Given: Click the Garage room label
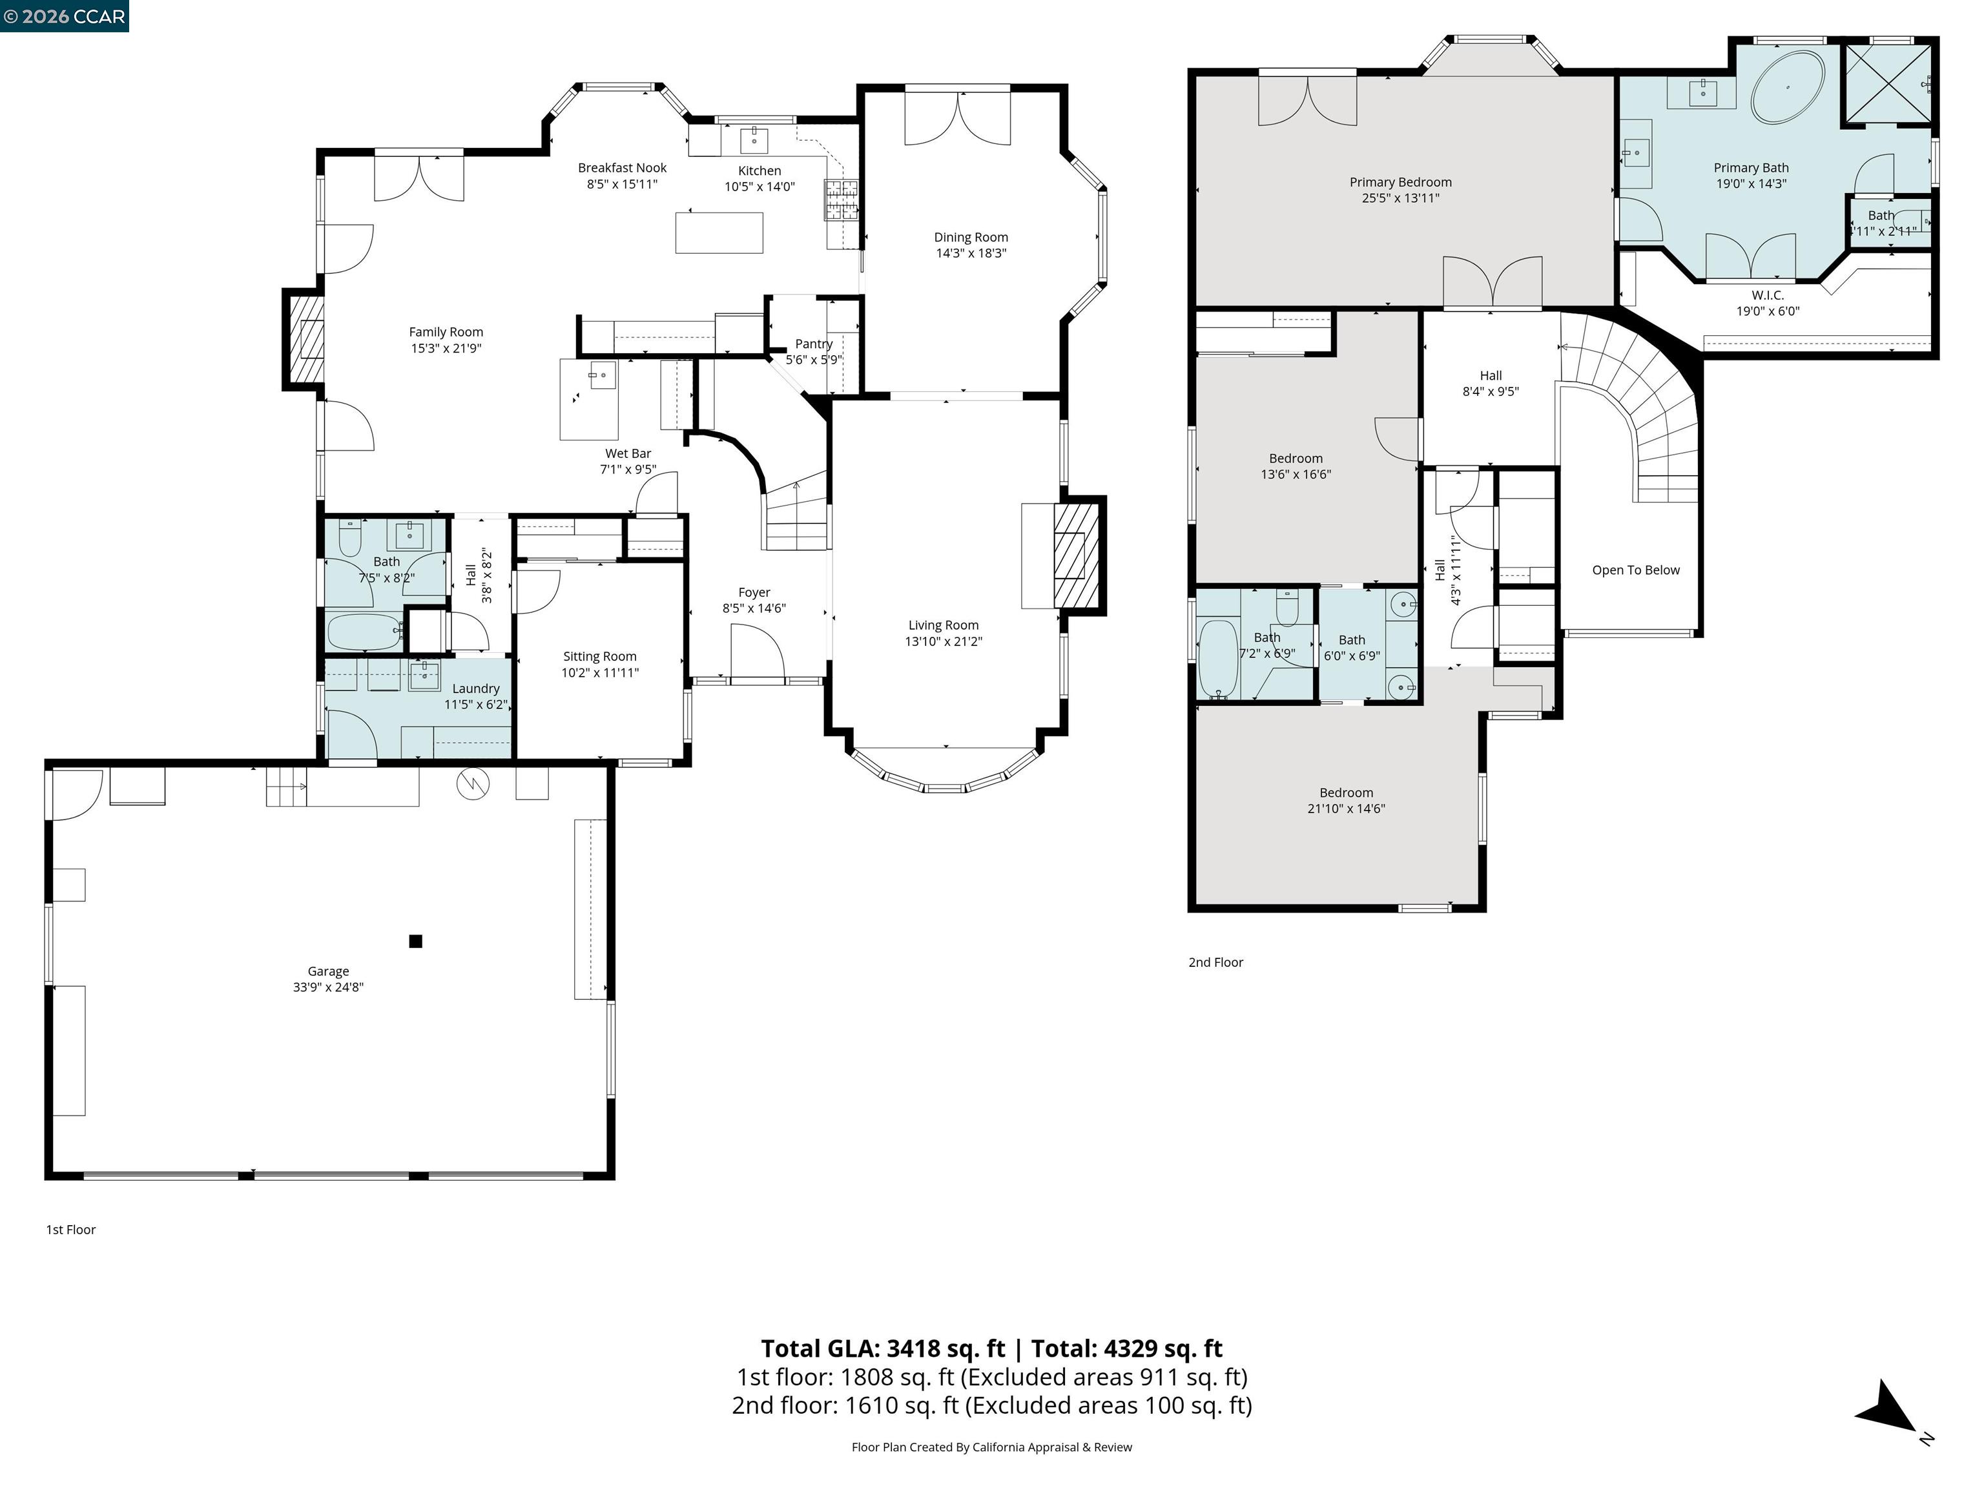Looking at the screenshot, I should (327, 971).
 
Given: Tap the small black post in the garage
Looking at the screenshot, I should (415, 941).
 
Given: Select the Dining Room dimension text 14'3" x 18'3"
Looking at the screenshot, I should (971, 253).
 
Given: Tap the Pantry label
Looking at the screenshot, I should (814, 344).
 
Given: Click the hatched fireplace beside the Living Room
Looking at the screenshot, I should (1077, 555).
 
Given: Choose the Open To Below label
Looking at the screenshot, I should (1635, 570).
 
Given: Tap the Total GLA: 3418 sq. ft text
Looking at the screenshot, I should (883, 1348).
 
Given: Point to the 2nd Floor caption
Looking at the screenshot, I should (1215, 962).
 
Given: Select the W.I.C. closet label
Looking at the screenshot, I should (1767, 295).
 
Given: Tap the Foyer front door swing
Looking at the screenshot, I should (758, 653).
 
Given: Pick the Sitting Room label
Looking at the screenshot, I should (599, 657).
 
